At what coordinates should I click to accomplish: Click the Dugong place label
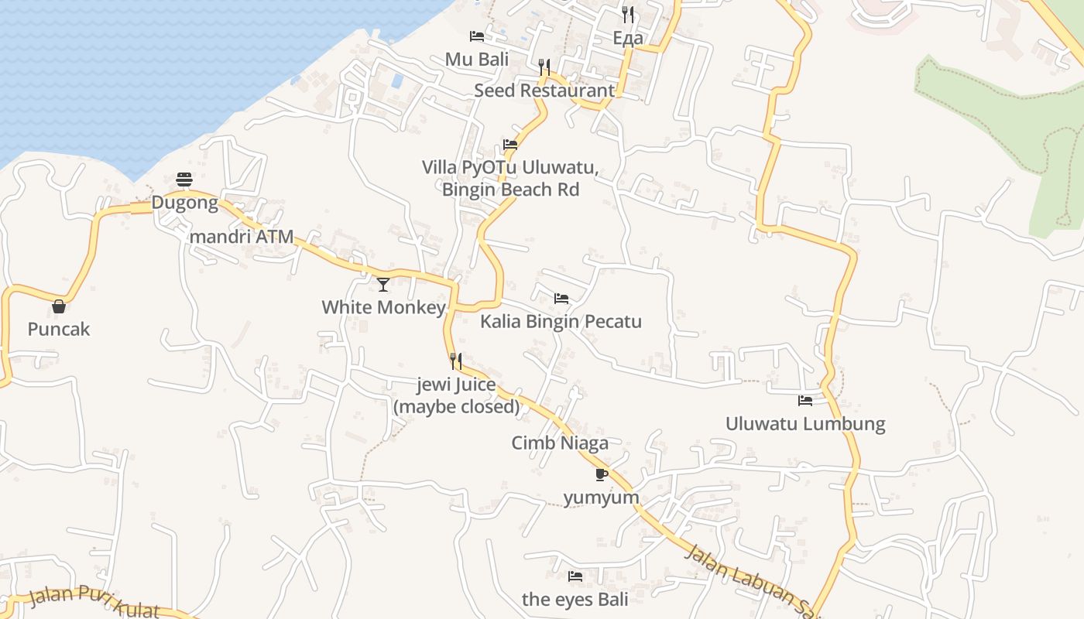pyautogui.click(x=184, y=203)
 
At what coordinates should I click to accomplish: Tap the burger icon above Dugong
pyautogui.click(x=184, y=180)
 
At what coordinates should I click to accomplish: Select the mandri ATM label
pyautogui.click(x=242, y=237)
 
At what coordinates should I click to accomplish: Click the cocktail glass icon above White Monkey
pyautogui.click(x=383, y=284)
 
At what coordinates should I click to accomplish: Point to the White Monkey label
pyautogui.click(x=383, y=307)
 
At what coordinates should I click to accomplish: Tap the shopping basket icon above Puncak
pyautogui.click(x=59, y=306)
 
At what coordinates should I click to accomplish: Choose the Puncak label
pyautogui.click(x=59, y=330)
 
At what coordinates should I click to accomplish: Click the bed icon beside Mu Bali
pyautogui.click(x=477, y=36)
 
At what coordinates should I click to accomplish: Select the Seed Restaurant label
pyautogui.click(x=544, y=91)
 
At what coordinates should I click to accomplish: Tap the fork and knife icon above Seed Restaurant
pyautogui.click(x=544, y=67)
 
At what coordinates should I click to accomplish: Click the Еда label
pyautogui.click(x=627, y=38)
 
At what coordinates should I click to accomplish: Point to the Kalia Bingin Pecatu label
pyautogui.click(x=561, y=321)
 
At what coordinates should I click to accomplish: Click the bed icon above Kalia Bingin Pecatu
pyautogui.click(x=561, y=298)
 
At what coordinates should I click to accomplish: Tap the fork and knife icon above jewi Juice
pyautogui.click(x=456, y=361)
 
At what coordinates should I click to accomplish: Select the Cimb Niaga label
pyautogui.click(x=560, y=443)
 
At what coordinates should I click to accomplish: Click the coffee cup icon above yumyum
pyautogui.click(x=601, y=474)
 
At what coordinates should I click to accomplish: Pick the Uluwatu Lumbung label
pyautogui.click(x=805, y=424)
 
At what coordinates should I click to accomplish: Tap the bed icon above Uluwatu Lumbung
pyautogui.click(x=805, y=401)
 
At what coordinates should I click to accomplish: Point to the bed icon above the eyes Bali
pyautogui.click(x=575, y=576)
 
